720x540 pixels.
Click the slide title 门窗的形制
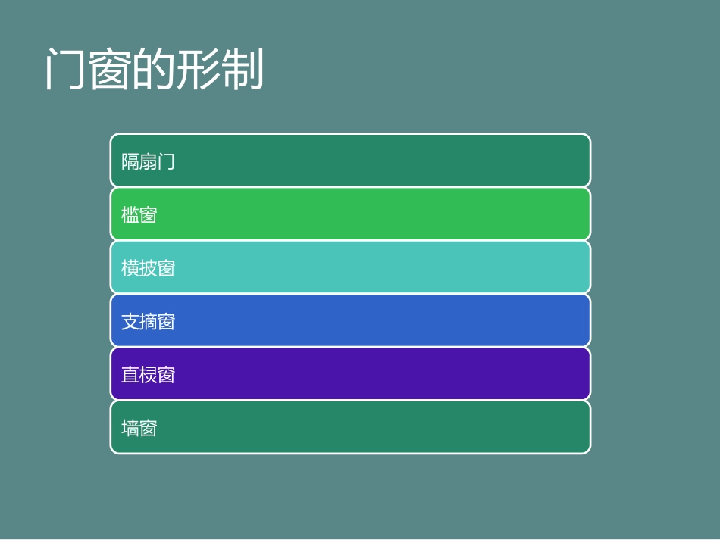click(154, 71)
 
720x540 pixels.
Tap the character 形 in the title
click(198, 71)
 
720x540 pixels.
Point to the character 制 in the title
click(242, 71)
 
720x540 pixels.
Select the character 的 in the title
click(154, 71)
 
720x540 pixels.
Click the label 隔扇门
click(149, 161)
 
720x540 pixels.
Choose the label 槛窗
click(139, 215)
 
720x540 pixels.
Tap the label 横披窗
click(149, 268)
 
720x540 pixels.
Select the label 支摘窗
click(149, 322)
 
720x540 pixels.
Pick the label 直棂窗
click(149, 375)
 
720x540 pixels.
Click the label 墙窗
click(139, 429)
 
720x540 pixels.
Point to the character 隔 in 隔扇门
click(130, 161)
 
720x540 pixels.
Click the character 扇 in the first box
click(149, 161)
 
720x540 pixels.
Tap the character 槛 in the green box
click(130, 215)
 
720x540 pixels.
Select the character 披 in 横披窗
click(149, 268)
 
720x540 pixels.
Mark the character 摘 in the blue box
click(149, 322)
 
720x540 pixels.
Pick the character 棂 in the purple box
click(149, 375)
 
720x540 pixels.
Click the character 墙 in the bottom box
click(130, 429)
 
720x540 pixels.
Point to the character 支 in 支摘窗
click(130, 322)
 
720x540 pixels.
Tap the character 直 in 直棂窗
click(130, 375)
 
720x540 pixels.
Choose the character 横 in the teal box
click(130, 268)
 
